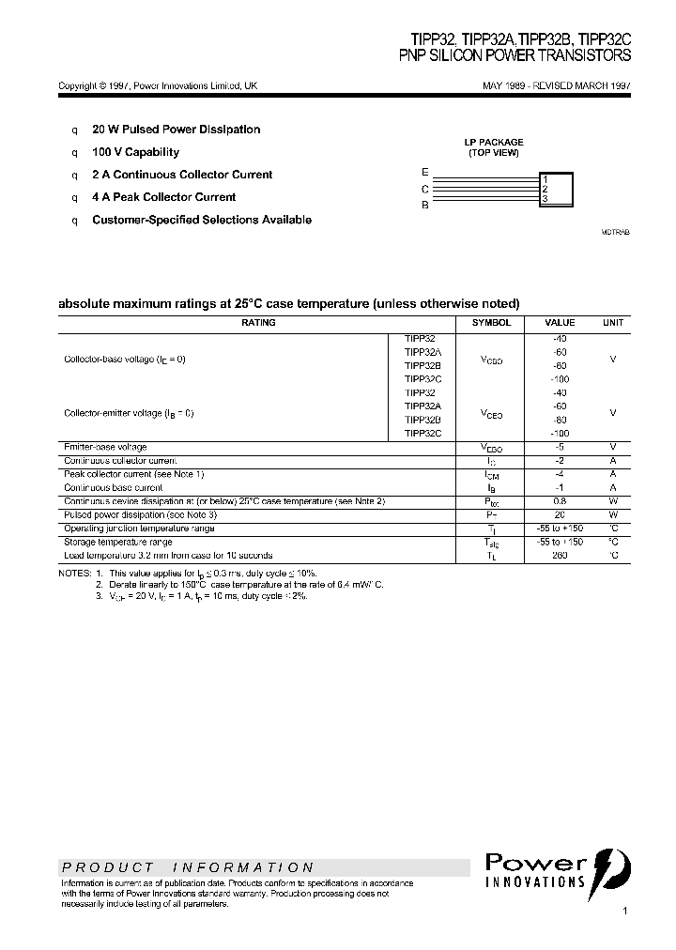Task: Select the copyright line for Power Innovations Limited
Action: [x=158, y=85]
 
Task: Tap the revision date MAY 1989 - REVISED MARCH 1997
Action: [x=556, y=85]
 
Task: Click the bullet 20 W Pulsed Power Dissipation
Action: [x=176, y=130]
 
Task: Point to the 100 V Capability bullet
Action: [x=135, y=152]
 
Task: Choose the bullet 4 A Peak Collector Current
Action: [x=163, y=197]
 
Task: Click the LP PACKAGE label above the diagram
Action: [x=494, y=143]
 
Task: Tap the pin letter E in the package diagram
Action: [x=425, y=173]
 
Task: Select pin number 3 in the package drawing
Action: [x=545, y=199]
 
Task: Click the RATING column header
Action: [x=258, y=322]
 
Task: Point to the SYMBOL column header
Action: [x=491, y=322]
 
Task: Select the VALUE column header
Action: [x=561, y=322]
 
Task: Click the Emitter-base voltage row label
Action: [x=105, y=447]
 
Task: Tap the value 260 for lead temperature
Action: [x=561, y=556]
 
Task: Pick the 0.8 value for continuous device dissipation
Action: [x=561, y=501]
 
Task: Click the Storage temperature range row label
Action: [x=117, y=542]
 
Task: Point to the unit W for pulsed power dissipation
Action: [x=613, y=514]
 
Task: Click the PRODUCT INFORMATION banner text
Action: [x=188, y=867]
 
